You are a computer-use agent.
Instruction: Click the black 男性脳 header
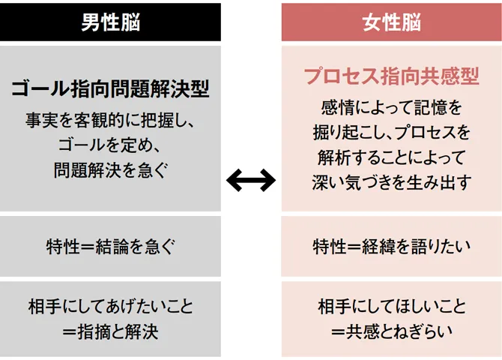click(110, 22)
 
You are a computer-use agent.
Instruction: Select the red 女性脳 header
click(392, 22)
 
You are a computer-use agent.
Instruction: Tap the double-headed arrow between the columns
click(251, 180)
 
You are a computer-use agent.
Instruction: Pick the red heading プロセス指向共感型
click(392, 76)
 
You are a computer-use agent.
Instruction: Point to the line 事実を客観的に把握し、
click(110, 120)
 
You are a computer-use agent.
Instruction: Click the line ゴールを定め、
click(110, 145)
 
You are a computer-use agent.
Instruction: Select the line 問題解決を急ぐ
click(110, 170)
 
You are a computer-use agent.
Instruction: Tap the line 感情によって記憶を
click(392, 106)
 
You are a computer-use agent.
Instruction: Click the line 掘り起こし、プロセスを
click(392, 132)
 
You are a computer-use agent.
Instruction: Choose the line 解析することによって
click(392, 157)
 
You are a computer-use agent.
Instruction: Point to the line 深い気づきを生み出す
click(392, 183)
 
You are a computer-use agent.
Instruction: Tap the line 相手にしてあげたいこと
click(110, 306)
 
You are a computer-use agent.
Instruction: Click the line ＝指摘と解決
click(110, 331)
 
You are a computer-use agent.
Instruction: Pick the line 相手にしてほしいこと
click(392, 306)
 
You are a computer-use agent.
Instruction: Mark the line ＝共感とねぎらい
click(392, 331)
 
